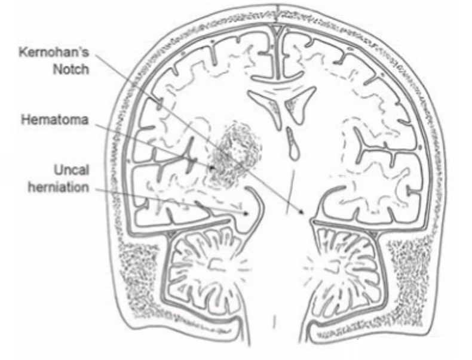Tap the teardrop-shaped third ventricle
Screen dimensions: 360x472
click(293, 145)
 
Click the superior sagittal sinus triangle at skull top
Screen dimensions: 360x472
click(278, 27)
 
